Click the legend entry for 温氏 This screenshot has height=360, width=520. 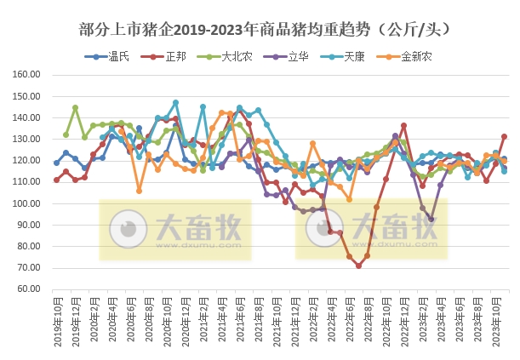tap(106, 57)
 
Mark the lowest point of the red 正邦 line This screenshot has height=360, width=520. tap(358, 266)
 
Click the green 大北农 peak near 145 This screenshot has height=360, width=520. tap(75, 108)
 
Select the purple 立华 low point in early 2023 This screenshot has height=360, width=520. tap(431, 219)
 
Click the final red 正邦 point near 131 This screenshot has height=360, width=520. tap(505, 136)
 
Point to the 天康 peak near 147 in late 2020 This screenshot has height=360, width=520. tap(176, 103)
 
